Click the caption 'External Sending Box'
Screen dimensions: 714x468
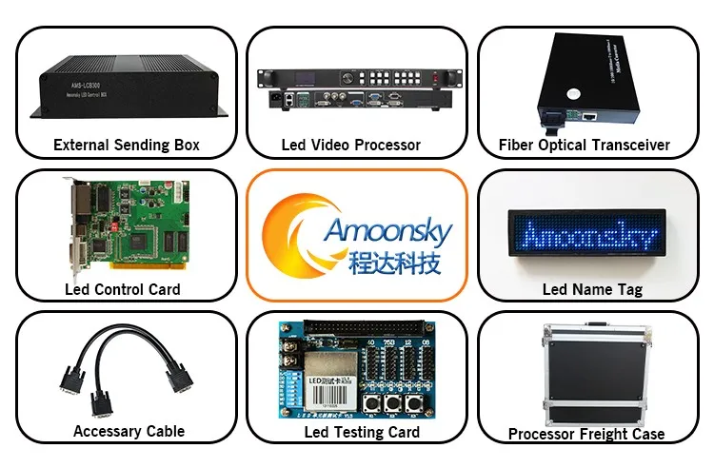[x=127, y=146]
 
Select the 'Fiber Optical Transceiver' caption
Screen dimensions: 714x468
[x=585, y=146]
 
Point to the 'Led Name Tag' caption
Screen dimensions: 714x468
[x=592, y=289]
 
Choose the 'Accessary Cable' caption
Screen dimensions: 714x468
[x=129, y=431]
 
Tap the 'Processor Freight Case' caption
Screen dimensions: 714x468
[x=586, y=434]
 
